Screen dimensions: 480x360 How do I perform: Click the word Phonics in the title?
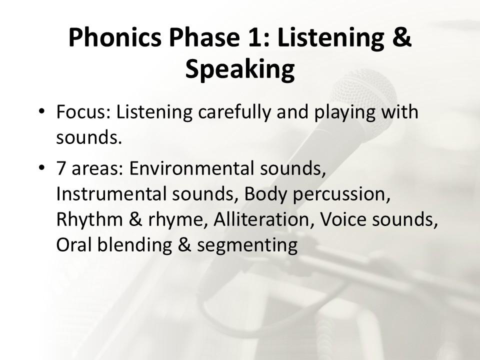pos(115,37)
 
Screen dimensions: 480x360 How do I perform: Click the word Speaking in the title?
pos(240,69)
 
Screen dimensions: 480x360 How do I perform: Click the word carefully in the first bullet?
pos(234,112)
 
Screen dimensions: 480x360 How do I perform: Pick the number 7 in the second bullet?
pos(61,168)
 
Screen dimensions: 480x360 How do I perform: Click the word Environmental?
pos(191,168)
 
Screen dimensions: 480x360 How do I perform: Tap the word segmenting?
pos(247,246)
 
